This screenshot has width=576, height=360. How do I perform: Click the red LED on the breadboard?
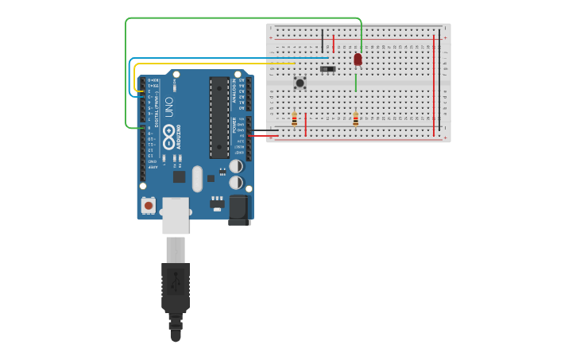(358, 59)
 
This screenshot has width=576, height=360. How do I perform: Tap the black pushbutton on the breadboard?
(300, 82)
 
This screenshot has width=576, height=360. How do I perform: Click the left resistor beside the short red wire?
(295, 119)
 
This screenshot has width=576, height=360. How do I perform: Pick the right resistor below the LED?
(355, 119)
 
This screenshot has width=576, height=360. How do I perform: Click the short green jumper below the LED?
(356, 83)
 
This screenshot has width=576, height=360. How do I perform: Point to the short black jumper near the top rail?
(323, 40)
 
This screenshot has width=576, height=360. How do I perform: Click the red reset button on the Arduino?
(149, 205)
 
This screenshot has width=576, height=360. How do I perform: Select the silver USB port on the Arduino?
(176, 215)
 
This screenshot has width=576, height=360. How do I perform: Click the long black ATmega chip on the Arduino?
(219, 116)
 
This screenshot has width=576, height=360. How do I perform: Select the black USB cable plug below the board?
(176, 286)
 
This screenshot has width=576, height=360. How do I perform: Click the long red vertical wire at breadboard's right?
(434, 83)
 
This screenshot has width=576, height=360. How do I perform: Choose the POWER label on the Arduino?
(234, 126)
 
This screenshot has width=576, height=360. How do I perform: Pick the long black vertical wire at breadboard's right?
(439, 83)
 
